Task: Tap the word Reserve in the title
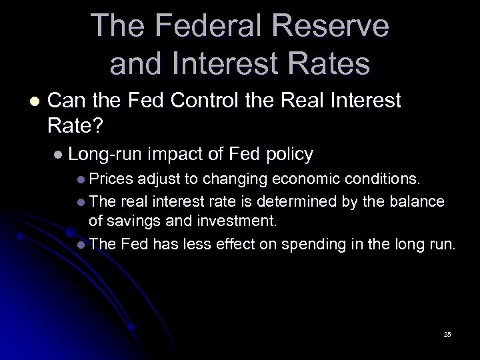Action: click(337, 27)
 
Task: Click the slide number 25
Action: click(447, 333)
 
